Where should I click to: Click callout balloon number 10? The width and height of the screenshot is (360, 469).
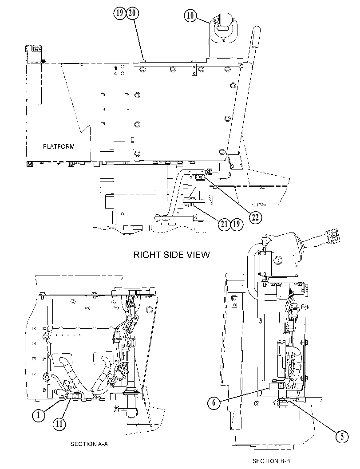click(190, 15)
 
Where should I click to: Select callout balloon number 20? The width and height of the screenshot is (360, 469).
click(132, 13)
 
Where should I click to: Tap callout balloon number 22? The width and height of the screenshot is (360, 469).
click(255, 217)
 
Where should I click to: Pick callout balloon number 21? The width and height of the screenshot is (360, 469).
click(225, 224)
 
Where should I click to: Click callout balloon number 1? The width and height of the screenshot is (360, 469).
click(39, 415)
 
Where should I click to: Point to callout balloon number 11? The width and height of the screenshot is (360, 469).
click(59, 424)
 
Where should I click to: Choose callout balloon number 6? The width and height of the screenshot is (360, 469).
click(214, 402)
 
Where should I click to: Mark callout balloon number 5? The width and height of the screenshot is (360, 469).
click(342, 437)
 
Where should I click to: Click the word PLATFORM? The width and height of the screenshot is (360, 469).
click(59, 146)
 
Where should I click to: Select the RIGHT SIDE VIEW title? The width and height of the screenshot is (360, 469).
click(171, 255)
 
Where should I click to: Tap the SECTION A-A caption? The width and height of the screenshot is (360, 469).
click(89, 444)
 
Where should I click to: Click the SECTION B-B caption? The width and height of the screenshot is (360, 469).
click(271, 461)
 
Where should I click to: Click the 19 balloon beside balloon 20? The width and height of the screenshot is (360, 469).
click(120, 13)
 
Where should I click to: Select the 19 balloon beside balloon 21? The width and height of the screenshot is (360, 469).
click(237, 224)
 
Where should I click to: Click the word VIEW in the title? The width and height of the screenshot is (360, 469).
click(198, 255)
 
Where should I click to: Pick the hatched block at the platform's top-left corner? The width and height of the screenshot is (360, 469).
click(34, 54)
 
